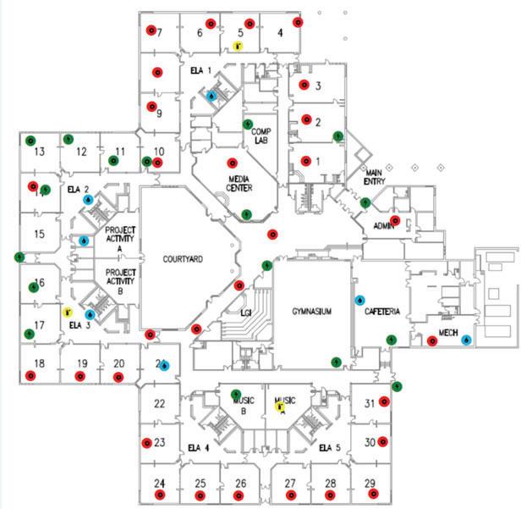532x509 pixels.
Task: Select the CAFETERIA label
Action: coord(381,312)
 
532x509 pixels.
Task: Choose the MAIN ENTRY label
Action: coord(374,177)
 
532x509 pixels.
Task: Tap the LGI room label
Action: coord(246,313)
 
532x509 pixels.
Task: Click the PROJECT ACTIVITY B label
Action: coord(119,281)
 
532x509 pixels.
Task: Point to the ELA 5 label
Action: coord(329,447)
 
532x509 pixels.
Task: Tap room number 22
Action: coord(159,403)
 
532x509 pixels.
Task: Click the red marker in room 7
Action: coord(150,31)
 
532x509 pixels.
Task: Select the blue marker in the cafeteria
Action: coord(359,300)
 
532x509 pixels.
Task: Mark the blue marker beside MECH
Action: coord(466,340)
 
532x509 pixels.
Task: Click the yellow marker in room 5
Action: coord(239,46)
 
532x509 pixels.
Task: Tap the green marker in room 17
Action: coord(29,334)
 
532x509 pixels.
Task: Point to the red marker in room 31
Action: coord(384,401)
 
